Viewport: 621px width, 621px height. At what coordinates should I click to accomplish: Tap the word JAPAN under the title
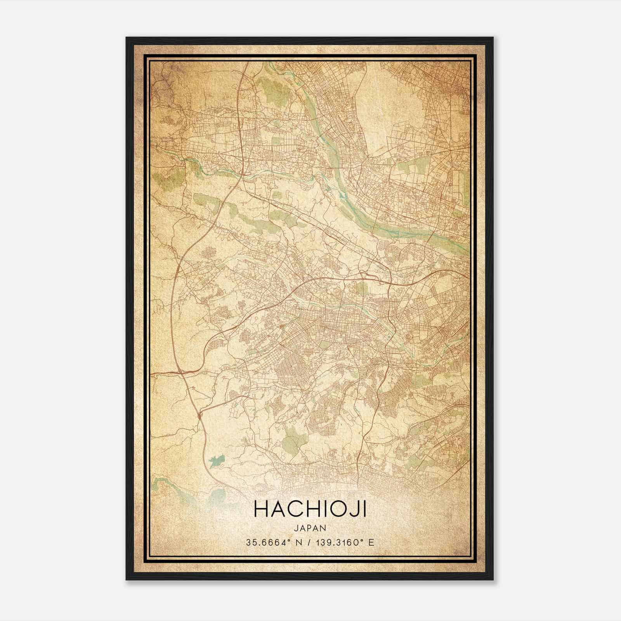310,528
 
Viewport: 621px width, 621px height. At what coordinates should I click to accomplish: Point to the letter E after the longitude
371,543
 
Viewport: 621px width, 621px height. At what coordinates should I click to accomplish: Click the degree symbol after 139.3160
362,540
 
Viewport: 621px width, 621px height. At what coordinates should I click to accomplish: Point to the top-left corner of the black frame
127,38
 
